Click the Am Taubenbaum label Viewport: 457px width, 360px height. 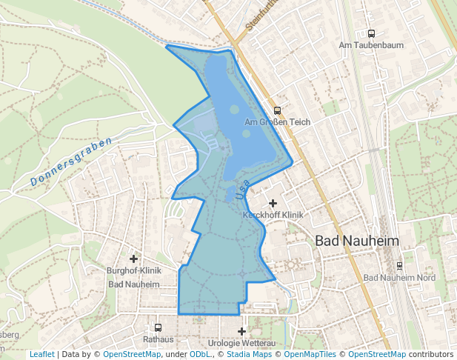(x=371, y=45)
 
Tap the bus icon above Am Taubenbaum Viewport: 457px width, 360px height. (x=371, y=33)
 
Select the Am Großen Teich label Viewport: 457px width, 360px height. (x=276, y=121)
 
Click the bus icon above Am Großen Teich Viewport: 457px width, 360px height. (x=277, y=110)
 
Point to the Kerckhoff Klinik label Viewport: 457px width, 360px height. (x=273, y=215)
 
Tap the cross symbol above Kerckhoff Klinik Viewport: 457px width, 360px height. (x=273, y=203)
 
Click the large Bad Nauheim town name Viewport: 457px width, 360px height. (x=357, y=241)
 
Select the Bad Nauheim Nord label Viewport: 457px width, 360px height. (x=400, y=278)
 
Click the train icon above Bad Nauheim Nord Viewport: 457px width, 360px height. (x=400, y=266)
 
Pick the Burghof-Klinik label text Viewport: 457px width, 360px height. (x=134, y=271)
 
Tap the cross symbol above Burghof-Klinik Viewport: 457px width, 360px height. (x=134, y=259)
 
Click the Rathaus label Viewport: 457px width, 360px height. (x=158, y=339)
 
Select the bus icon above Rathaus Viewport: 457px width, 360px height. (x=158, y=327)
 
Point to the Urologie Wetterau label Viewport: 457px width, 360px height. (x=241, y=344)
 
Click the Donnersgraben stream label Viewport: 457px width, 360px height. (x=72, y=162)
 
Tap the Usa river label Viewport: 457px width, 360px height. (x=241, y=190)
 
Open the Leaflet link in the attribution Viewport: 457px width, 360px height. (x=41, y=355)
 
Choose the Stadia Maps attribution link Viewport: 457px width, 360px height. (x=250, y=355)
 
